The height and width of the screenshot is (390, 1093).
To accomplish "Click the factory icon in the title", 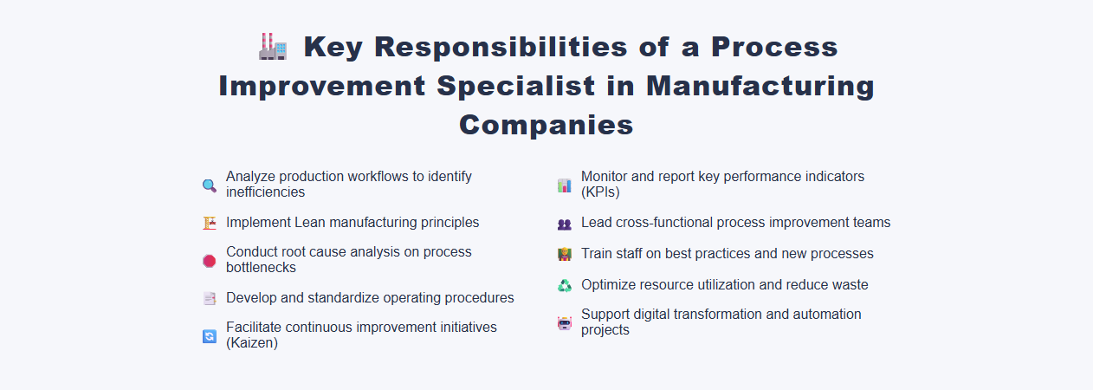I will click(x=273, y=47).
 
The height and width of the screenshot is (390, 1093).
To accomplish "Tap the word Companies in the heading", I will click(x=546, y=125).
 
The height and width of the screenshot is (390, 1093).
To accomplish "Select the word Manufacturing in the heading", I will click(x=760, y=86).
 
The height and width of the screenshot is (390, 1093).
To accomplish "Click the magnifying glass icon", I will click(x=209, y=185).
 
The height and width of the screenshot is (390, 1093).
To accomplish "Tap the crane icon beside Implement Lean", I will click(x=209, y=223).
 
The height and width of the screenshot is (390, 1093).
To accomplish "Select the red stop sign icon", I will click(x=209, y=260).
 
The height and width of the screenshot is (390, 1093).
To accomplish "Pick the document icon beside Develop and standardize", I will click(x=209, y=298).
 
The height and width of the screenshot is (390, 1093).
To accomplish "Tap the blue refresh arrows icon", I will click(x=209, y=336).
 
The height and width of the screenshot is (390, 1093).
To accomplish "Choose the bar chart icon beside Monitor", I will click(x=564, y=185).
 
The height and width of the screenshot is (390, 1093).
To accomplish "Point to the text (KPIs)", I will click(x=600, y=192).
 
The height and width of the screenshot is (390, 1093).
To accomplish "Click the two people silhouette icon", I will click(x=564, y=224).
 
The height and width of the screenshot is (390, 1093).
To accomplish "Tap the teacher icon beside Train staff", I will click(x=564, y=255).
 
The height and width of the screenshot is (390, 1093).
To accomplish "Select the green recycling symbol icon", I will click(x=564, y=285).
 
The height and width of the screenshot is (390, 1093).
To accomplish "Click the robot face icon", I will click(x=564, y=323).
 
